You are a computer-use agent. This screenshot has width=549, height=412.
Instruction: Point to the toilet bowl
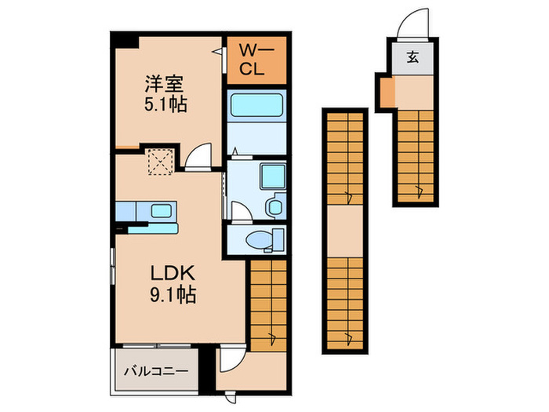click(x=256, y=239)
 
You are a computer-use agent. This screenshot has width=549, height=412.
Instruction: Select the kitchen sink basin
click(x=162, y=210)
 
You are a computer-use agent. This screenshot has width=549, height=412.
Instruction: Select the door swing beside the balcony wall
click(x=230, y=359)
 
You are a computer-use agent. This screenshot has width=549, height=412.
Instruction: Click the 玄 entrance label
click(x=412, y=57)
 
